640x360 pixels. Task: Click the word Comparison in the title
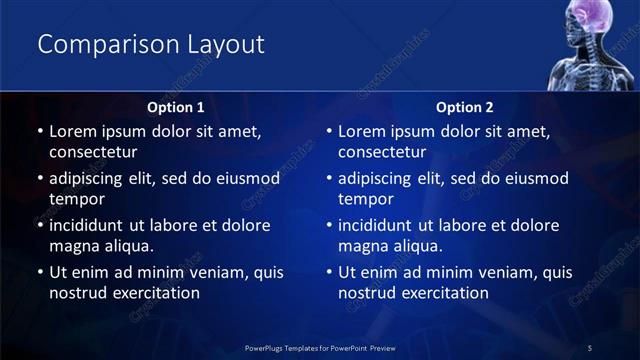coord(98,45)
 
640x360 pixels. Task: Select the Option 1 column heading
coord(175,106)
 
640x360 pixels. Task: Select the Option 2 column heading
coord(465,106)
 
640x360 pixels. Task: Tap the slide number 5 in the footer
coord(590,347)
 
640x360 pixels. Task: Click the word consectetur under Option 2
coord(383,152)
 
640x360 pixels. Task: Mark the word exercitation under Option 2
coord(441,293)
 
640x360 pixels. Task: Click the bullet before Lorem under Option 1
coord(39,132)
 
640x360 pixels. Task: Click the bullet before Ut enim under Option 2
coord(329,273)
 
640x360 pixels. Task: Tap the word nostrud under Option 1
coord(77,293)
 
